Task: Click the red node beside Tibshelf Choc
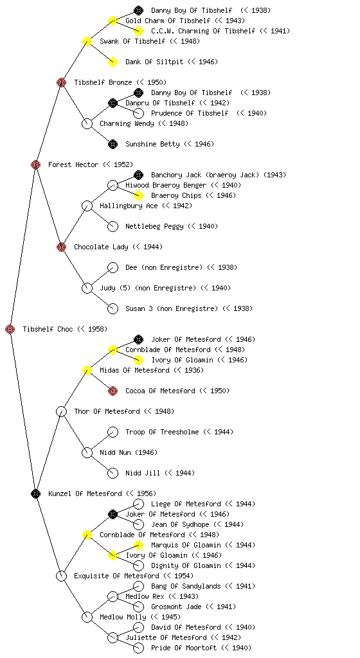pyautogui.click(x=10, y=329)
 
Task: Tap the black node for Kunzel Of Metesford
pyautogui.click(x=35, y=493)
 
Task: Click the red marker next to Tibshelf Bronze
pyautogui.click(x=61, y=82)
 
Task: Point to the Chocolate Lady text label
pyautogui.click(x=101, y=247)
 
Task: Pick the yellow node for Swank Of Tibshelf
pyautogui.click(x=87, y=41)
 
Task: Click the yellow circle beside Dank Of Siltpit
pyautogui.click(x=113, y=62)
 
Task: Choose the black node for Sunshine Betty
pyautogui.click(x=113, y=144)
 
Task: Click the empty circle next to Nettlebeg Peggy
pyautogui.click(x=113, y=226)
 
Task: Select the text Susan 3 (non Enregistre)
pyautogui.click(x=172, y=308)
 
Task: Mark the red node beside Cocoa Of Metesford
pyautogui.click(x=113, y=391)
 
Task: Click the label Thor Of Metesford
pyautogui.click(x=107, y=411)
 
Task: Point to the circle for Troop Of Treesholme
pyautogui.click(x=113, y=432)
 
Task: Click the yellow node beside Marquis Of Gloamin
pyautogui.click(x=138, y=545)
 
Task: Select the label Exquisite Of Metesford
pyautogui.click(x=116, y=576)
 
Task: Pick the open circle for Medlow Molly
pyautogui.click(x=87, y=617)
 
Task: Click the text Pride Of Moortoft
pyautogui.click(x=184, y=648)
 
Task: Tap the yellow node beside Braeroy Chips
pyautogui.click(x=138, y=195)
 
